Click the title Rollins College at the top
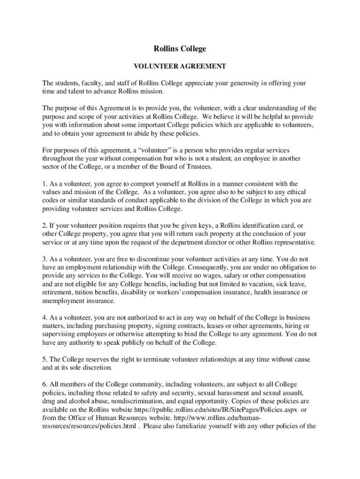pyautogui.click(x=180, y=49)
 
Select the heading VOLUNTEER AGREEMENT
pyautogui.click(x=180, y=66)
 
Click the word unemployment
pyautogui.click(x=63, y=301)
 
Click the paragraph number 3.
pyautogui.click(x=44, y=259)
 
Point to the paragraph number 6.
pyautogui.click(x=44, y=385)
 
